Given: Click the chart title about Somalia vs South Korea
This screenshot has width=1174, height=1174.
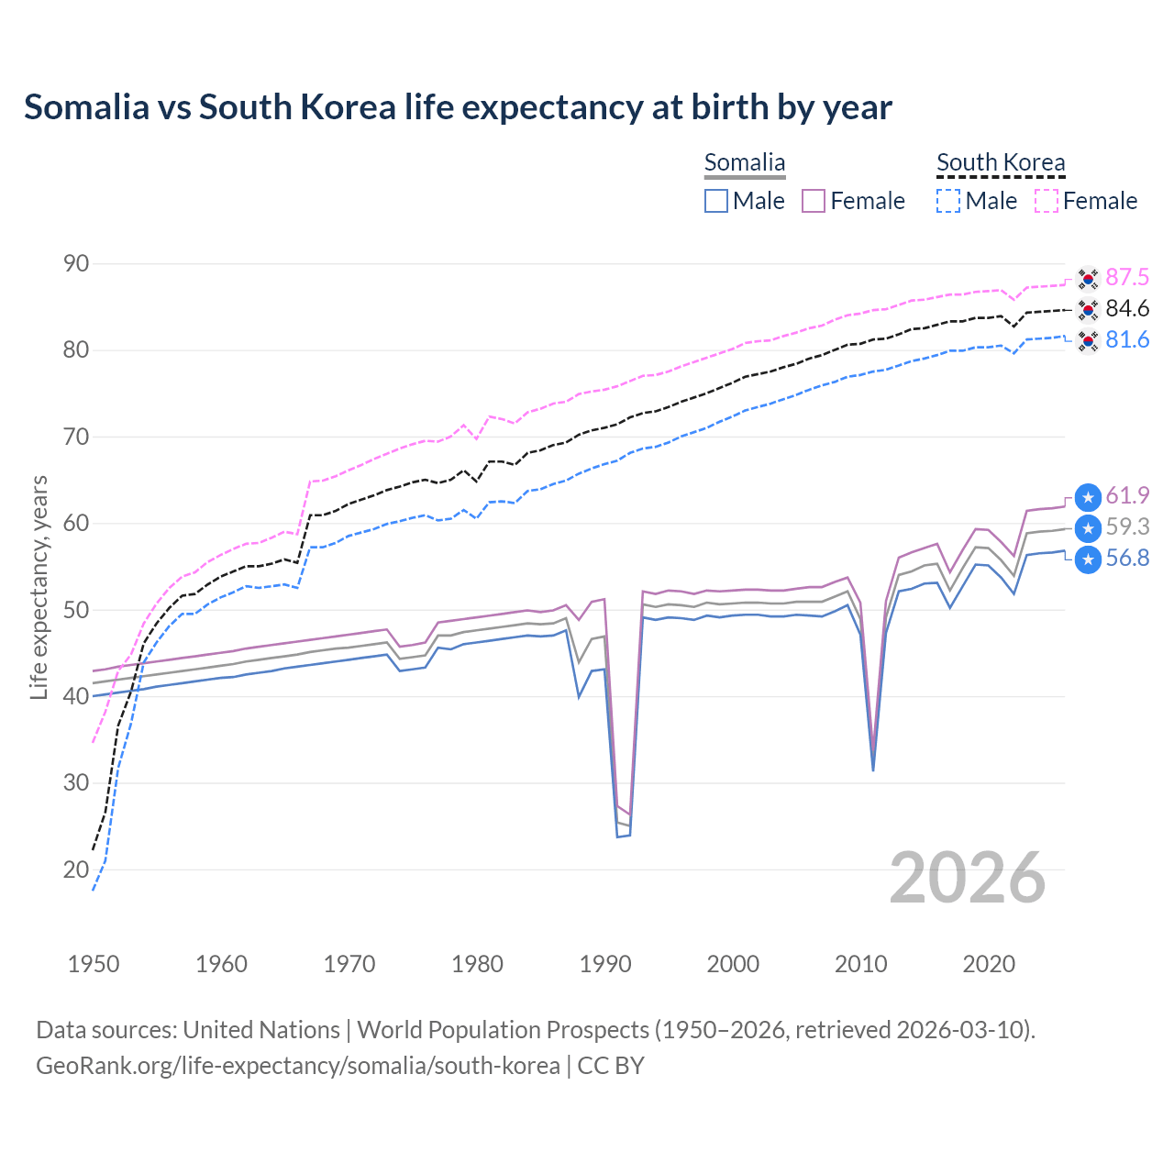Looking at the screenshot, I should (458, 107).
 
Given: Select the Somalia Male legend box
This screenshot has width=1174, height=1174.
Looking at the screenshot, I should (716, 201).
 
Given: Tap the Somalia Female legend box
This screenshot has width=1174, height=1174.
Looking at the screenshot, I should (814, 201).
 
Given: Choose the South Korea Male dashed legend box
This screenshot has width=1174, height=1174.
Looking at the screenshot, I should (948, 201).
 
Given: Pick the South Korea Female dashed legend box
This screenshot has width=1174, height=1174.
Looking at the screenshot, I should (1047, 201).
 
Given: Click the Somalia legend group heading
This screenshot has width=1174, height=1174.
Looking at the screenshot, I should (745, 163).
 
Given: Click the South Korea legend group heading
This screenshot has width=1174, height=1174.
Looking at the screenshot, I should (1001, 163).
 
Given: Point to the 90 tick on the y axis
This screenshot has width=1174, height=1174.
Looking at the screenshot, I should (76, 264).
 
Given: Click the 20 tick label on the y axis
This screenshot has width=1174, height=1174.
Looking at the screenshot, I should (76, 869).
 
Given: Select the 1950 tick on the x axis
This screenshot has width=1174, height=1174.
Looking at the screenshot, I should (94, 964).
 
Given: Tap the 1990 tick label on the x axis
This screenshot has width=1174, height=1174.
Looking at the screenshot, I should (605, 964).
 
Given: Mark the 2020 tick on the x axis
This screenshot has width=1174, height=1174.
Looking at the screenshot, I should (989, 964).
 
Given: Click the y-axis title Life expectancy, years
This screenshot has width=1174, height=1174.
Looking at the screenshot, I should (39, 587).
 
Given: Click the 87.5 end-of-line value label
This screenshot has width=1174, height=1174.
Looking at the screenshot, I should (1127, 278).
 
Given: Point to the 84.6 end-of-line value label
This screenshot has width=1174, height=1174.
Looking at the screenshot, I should (1127, 309).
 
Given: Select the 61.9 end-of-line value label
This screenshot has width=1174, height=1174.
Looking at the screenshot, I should (1127, 496).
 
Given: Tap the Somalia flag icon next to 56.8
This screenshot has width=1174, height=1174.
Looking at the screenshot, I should (1088, 559).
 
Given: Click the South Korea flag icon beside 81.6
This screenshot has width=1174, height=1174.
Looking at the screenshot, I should (1088, 341).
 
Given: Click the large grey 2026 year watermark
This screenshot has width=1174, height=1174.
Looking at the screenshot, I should (968, 878).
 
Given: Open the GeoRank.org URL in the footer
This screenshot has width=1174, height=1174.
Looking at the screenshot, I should (298, 1066).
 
